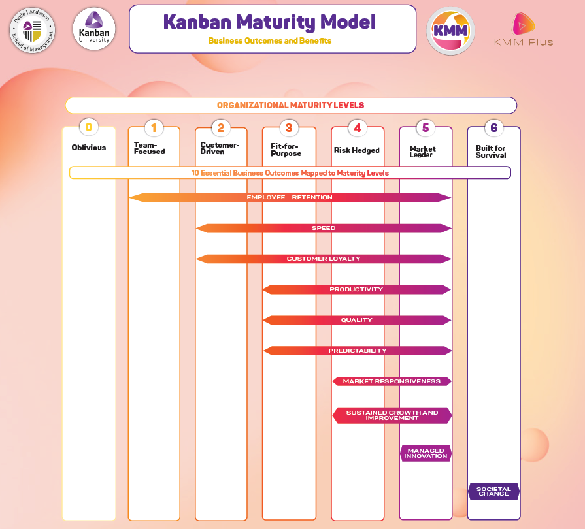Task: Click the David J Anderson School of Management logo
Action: coord(33,30)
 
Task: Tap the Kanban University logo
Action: coord(94,29)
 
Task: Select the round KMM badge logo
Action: coord(451,31)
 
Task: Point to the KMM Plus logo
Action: coord(524,29)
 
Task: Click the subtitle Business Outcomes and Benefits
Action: coord(270,40)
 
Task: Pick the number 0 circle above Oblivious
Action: coord(89,127)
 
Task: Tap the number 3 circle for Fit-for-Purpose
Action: coord(289,128)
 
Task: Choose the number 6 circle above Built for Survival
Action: coord(494,128)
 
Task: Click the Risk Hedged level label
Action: coord(357,150)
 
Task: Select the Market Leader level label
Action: coord(422,152)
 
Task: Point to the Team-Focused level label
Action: coord(149,148)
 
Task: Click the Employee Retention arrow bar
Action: coord(290,197)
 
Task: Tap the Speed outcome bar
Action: coord(324,228)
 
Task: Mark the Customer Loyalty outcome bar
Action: coord(324,259)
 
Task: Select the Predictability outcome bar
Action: coord(358,351)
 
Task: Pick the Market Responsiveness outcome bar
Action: coord(392,381)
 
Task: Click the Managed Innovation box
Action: coord(426,453)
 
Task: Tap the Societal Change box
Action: coord(493,491)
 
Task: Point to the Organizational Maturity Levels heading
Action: coord(290,106)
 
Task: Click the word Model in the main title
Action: coord(348,22)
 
